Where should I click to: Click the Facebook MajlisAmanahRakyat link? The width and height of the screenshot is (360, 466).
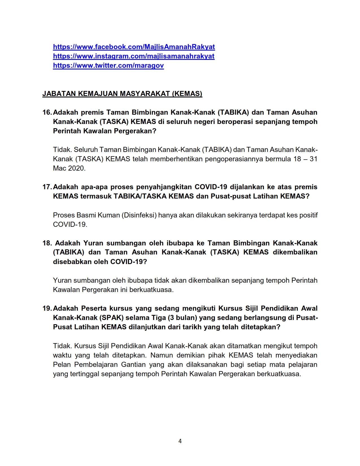[134, 47]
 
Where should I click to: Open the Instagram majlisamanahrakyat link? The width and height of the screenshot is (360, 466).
[134, 56]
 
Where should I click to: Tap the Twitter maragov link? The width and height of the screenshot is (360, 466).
[108, 66]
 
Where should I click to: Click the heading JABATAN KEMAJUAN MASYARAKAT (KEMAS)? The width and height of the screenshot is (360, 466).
[122, 94]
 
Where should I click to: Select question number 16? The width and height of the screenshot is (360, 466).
[47, 112]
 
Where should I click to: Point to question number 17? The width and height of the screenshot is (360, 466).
[47, 187]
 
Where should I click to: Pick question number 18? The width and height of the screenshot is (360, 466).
[47, 243]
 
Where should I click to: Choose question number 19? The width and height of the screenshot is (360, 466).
[47, 308]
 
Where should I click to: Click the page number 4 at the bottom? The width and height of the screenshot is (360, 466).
[180, 441]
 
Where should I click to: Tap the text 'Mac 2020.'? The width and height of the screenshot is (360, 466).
[69, 168]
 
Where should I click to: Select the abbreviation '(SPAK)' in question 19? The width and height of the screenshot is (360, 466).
[111, 318]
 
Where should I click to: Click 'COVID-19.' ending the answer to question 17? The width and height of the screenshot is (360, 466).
[70, 225]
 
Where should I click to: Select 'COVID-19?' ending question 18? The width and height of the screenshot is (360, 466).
[129, 262]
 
